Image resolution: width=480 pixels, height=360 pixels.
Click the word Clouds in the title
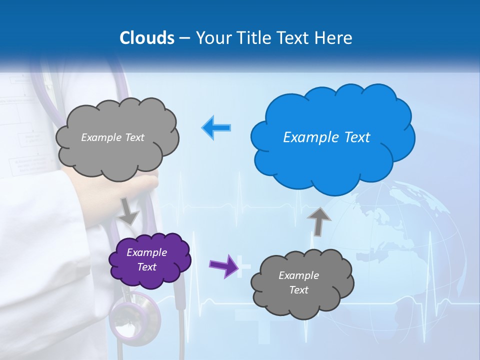tap(147, 38)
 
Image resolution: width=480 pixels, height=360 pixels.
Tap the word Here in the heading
tap(335, 38)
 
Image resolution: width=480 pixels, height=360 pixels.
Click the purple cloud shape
tap(150, 260)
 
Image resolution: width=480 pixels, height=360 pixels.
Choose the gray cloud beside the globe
tap(301, 283)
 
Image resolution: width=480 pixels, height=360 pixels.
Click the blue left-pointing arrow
tap(216, 127)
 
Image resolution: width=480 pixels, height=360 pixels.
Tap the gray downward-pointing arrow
tap(129, 210)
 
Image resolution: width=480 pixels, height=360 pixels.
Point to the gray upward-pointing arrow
tap(318, 220)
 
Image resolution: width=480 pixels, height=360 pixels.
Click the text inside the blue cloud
tap(326, 137)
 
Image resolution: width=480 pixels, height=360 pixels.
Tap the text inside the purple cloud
tap(146, 259)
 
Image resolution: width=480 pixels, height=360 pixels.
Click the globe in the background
tap(400, 245)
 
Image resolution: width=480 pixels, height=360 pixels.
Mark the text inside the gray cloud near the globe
tap(298, 282)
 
